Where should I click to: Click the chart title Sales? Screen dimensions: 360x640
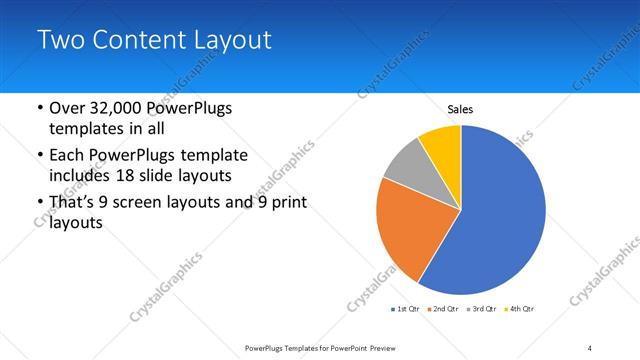coord(460,109)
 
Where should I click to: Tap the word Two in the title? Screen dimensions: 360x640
coord(59,40)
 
